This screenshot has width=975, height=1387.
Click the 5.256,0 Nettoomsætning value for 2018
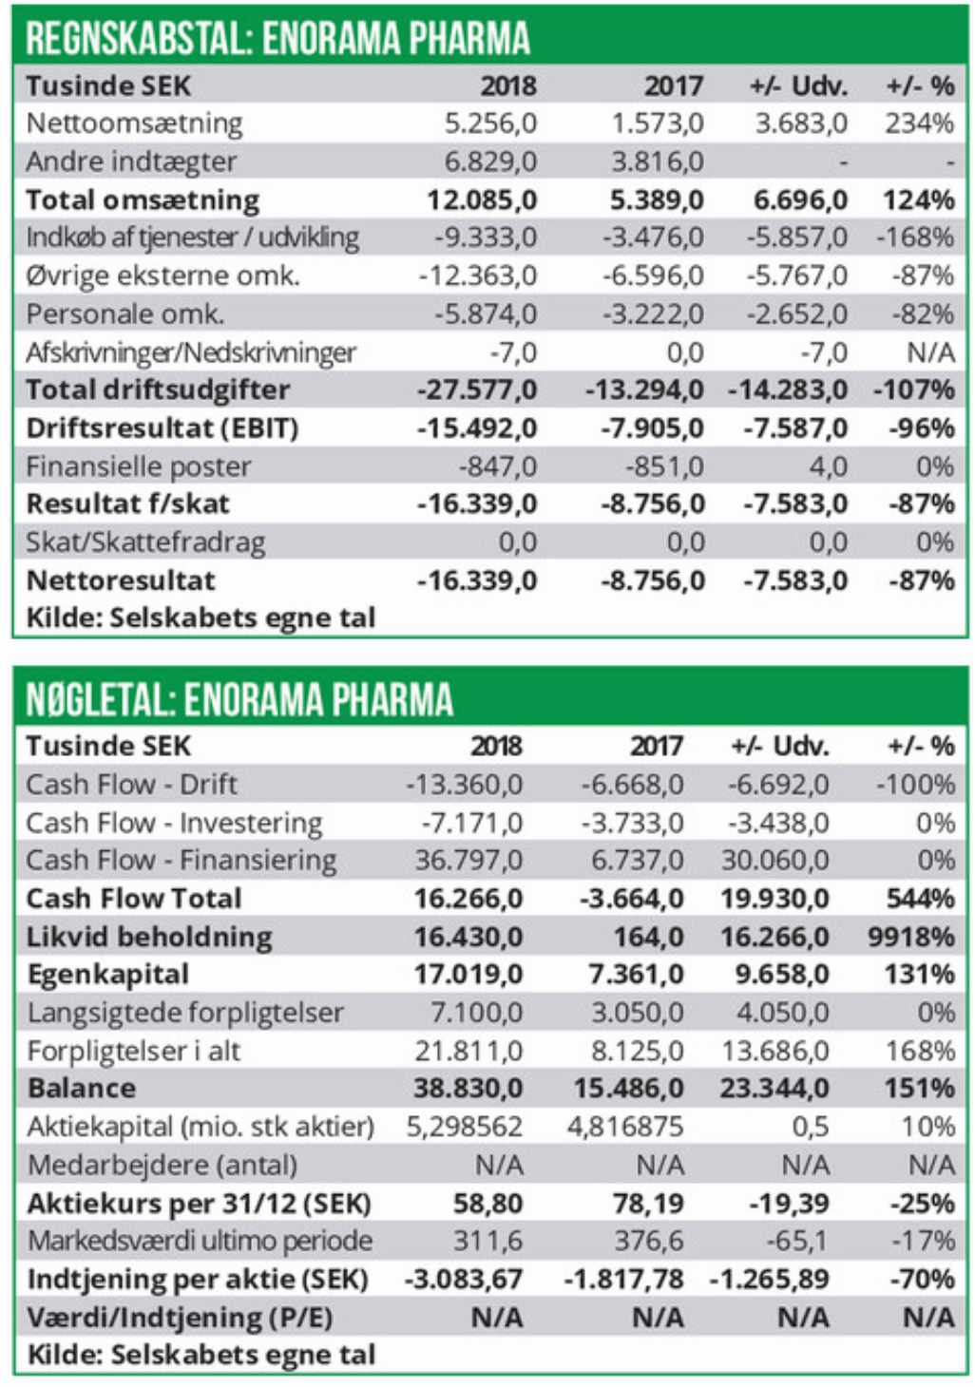pos(490,123)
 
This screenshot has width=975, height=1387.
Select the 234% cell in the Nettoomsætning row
pos(919,123)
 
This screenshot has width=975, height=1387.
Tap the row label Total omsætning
pos(143,200)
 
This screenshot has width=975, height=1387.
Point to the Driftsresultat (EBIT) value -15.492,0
pos(477,428)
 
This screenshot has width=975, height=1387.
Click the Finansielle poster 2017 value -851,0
pos(664,466)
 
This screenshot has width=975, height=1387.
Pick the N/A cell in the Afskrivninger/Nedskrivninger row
pos(930,352)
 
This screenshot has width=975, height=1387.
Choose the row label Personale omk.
pos(124,314)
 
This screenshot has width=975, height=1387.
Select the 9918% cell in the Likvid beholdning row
pos(910,938)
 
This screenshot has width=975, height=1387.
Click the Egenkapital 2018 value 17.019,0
pos(468,975)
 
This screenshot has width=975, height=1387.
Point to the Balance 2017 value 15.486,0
pos(628,1089)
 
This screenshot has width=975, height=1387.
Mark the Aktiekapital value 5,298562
pos(464,1127)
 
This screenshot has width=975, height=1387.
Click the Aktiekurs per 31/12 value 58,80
pos(487,1204)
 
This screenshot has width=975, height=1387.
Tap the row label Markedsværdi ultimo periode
pos(200,1241)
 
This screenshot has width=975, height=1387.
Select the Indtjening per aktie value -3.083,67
pos(464,1280)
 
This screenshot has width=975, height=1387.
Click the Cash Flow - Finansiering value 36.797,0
pos(468,861)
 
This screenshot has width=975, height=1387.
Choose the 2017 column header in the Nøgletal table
pos(656,746)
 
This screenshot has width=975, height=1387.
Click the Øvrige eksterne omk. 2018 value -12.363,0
pos(478,276)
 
